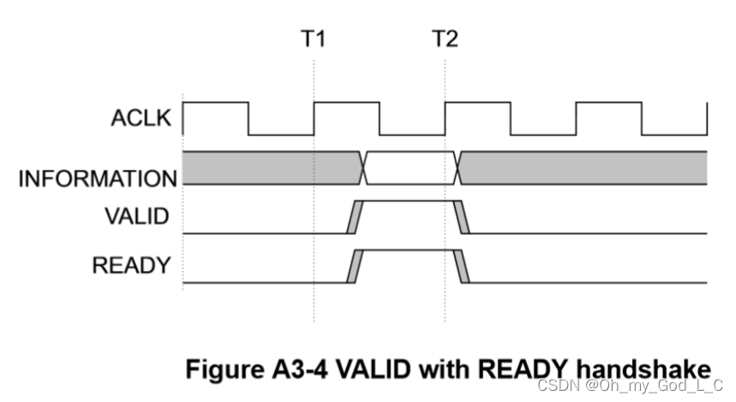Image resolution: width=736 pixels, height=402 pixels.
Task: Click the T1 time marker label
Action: click(314, 39)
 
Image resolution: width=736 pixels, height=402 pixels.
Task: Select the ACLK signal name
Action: click(143, 119)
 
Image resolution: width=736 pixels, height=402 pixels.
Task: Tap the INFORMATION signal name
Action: click(98, 179)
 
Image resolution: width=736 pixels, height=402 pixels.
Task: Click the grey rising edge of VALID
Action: click(353, 217)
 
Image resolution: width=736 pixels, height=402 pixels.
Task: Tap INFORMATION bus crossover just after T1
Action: click(364, 168)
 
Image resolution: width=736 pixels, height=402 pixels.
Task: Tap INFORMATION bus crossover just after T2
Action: click(458, 168)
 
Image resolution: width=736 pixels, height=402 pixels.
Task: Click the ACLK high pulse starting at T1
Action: click(346, 105)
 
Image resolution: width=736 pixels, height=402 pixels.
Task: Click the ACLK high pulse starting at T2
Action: click(477, 105)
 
